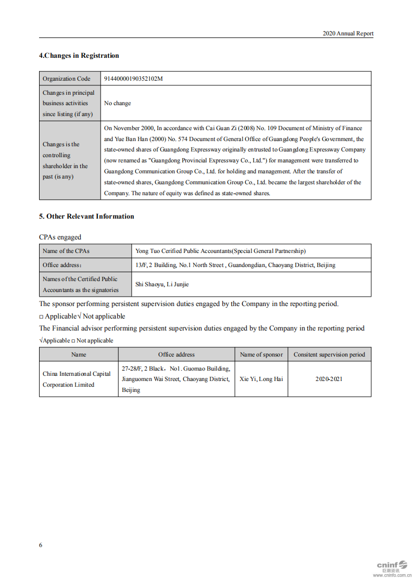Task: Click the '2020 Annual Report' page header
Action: pos(347,33)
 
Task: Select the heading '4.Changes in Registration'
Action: pos(79,56)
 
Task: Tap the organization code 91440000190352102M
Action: pos(133,79)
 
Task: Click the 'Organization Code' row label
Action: pos(66,79)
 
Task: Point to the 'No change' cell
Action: pos(117,103)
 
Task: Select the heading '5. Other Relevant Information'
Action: pos(86,217)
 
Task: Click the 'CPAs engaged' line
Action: pos(60,237)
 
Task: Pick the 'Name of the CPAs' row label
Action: pos(66,251)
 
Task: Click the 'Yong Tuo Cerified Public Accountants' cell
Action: pos(220,251)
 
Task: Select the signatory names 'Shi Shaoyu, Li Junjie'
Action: pos(162,284)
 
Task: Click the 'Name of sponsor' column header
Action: pos(261,354)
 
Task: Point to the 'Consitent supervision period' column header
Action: pos(329,354)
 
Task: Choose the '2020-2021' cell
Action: pos(329,379)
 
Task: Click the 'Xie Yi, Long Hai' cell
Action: pos(261,379)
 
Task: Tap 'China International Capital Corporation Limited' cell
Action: pos(77,379)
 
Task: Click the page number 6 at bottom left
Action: pos(41,545)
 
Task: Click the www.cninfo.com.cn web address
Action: pos(392,576)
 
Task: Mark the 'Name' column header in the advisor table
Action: pos(79,354)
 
